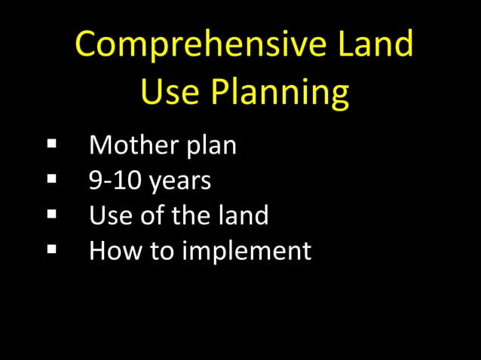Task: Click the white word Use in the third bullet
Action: click(x=109, y=216)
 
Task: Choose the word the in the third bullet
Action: click(x=191, y=216)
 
